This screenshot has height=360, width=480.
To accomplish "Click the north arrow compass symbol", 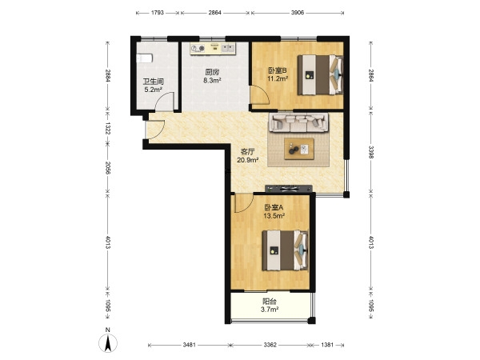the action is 108,342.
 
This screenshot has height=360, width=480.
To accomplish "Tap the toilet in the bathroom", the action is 144,58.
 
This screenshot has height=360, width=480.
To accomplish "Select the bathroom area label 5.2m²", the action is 153,90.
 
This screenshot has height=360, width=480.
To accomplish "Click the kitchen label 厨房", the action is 212,73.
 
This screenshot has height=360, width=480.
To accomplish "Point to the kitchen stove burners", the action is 198,48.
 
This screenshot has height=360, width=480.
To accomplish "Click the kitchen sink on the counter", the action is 228,48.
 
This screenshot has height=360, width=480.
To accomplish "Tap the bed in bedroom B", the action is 320,74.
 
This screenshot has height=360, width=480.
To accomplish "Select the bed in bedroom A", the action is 285,250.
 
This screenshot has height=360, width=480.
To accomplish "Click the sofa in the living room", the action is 298,122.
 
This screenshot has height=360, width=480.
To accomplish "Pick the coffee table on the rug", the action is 299,149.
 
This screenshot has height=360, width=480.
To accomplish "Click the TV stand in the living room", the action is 289,189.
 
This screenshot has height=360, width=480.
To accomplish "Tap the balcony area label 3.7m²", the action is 270,310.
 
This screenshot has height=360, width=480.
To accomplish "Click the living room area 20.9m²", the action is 248,159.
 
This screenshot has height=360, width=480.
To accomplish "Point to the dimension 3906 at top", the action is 298,13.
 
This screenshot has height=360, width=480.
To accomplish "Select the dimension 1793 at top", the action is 158,13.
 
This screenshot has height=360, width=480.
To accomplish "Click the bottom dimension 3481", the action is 189,345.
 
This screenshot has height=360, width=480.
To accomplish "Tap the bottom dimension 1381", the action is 327,345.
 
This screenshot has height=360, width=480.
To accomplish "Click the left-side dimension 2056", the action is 107,168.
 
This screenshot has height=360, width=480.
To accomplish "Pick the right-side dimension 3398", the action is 370,153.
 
